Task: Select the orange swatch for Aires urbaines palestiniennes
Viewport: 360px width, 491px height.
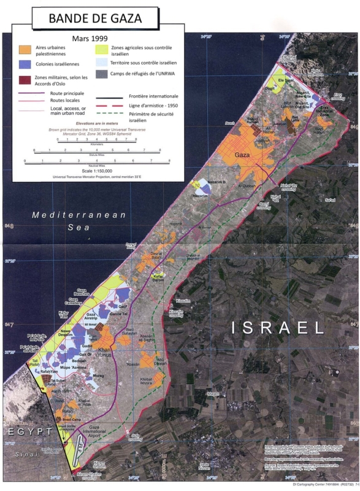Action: click(x=26, y=48)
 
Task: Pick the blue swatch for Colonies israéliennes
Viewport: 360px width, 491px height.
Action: click(x=26, y=63)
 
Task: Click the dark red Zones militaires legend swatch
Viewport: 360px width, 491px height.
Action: click(x=26, y=79)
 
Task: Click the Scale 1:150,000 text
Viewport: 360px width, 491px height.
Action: click(x=92, y=170)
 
